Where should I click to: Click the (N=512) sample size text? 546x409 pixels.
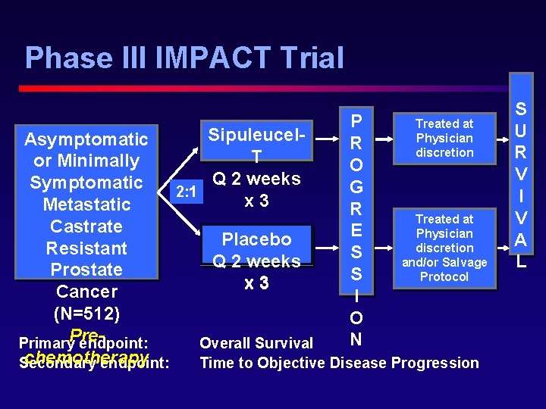coord(86,313)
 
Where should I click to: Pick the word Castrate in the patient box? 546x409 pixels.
coord(86,226)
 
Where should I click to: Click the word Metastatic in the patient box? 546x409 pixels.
coord(86,204)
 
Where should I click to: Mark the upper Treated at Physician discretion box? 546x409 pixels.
coord(444,138)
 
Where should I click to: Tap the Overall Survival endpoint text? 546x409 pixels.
coord(256,344)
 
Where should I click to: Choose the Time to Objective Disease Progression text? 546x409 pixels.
coord(339,363)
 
